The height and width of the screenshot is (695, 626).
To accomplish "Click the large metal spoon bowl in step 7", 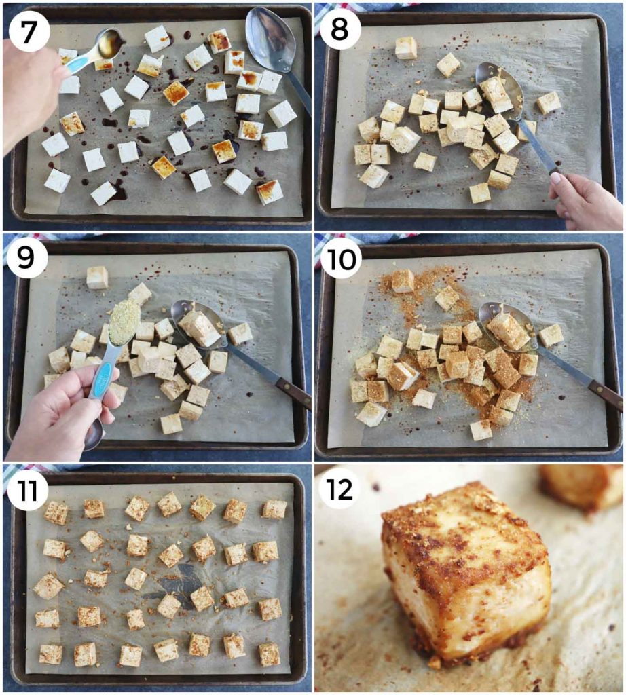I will (267, 38).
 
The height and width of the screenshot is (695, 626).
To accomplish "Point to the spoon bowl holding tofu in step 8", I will (500, 86).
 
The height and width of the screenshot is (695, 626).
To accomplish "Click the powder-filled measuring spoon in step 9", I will (124, 321).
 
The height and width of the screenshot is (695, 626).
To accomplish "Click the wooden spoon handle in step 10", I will (604, 393).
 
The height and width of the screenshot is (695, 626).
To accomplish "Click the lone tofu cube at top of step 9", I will (97, 277).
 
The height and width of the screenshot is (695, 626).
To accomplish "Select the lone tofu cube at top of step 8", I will (406, 48).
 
